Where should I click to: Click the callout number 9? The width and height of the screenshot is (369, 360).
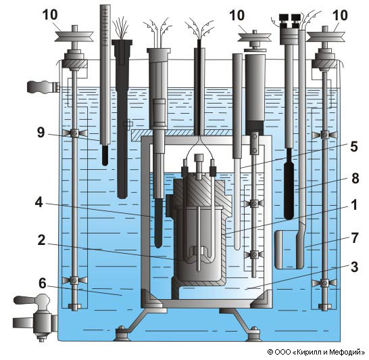coord(41,133)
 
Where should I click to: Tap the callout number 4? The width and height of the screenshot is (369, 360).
coord(39,202)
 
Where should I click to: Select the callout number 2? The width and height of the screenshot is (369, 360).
coord(42,240)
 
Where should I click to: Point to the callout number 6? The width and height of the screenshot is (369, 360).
coord(43,283)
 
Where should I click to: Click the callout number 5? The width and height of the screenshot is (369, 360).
coord(354,147)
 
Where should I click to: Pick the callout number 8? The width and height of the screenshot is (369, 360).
coord(355,179)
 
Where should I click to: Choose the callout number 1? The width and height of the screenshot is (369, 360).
coord(354,205)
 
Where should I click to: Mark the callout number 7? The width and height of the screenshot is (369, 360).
coord(355,238)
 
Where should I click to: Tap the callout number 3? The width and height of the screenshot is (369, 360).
coord(354,267)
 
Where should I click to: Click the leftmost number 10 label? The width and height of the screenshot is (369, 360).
coord(50,15)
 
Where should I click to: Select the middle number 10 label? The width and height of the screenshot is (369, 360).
coord(237,16)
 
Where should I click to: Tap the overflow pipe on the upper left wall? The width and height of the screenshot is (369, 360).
coord(43,87)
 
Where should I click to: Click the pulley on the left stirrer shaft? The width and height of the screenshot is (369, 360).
coord(74,37)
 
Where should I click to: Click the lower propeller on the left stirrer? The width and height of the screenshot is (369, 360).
coord(74,280)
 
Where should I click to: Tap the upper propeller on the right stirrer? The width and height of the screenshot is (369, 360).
coord(325,135)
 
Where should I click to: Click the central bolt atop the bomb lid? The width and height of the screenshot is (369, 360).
coord(199,166)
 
